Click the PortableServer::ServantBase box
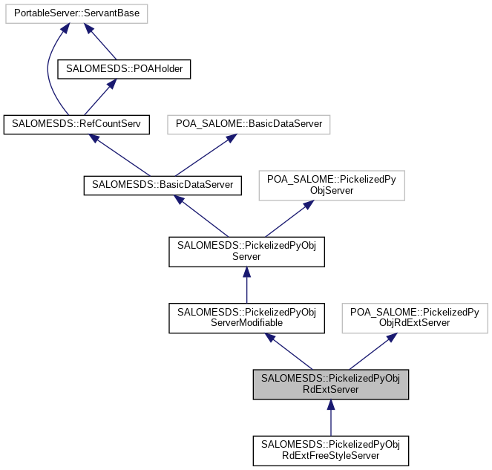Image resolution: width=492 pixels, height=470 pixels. point(77,13)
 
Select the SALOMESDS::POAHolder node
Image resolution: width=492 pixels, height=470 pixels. point(125,69)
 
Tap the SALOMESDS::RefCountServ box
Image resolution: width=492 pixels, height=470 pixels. point(76,124)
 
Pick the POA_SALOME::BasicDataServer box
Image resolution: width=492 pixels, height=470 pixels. point(248,124)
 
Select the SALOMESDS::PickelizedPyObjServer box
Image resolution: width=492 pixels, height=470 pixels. point(246,251)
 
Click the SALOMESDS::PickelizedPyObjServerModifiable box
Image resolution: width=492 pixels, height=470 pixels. point(246,316)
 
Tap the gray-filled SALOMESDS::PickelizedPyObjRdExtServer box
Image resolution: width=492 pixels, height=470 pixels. point(331,384)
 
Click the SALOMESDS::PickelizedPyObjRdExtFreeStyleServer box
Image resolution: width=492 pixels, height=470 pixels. point(331,450)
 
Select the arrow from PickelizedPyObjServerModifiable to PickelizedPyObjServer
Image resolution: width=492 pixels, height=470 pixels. point(246,285)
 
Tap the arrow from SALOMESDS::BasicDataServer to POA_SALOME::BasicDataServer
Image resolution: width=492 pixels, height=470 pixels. point(206,154)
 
